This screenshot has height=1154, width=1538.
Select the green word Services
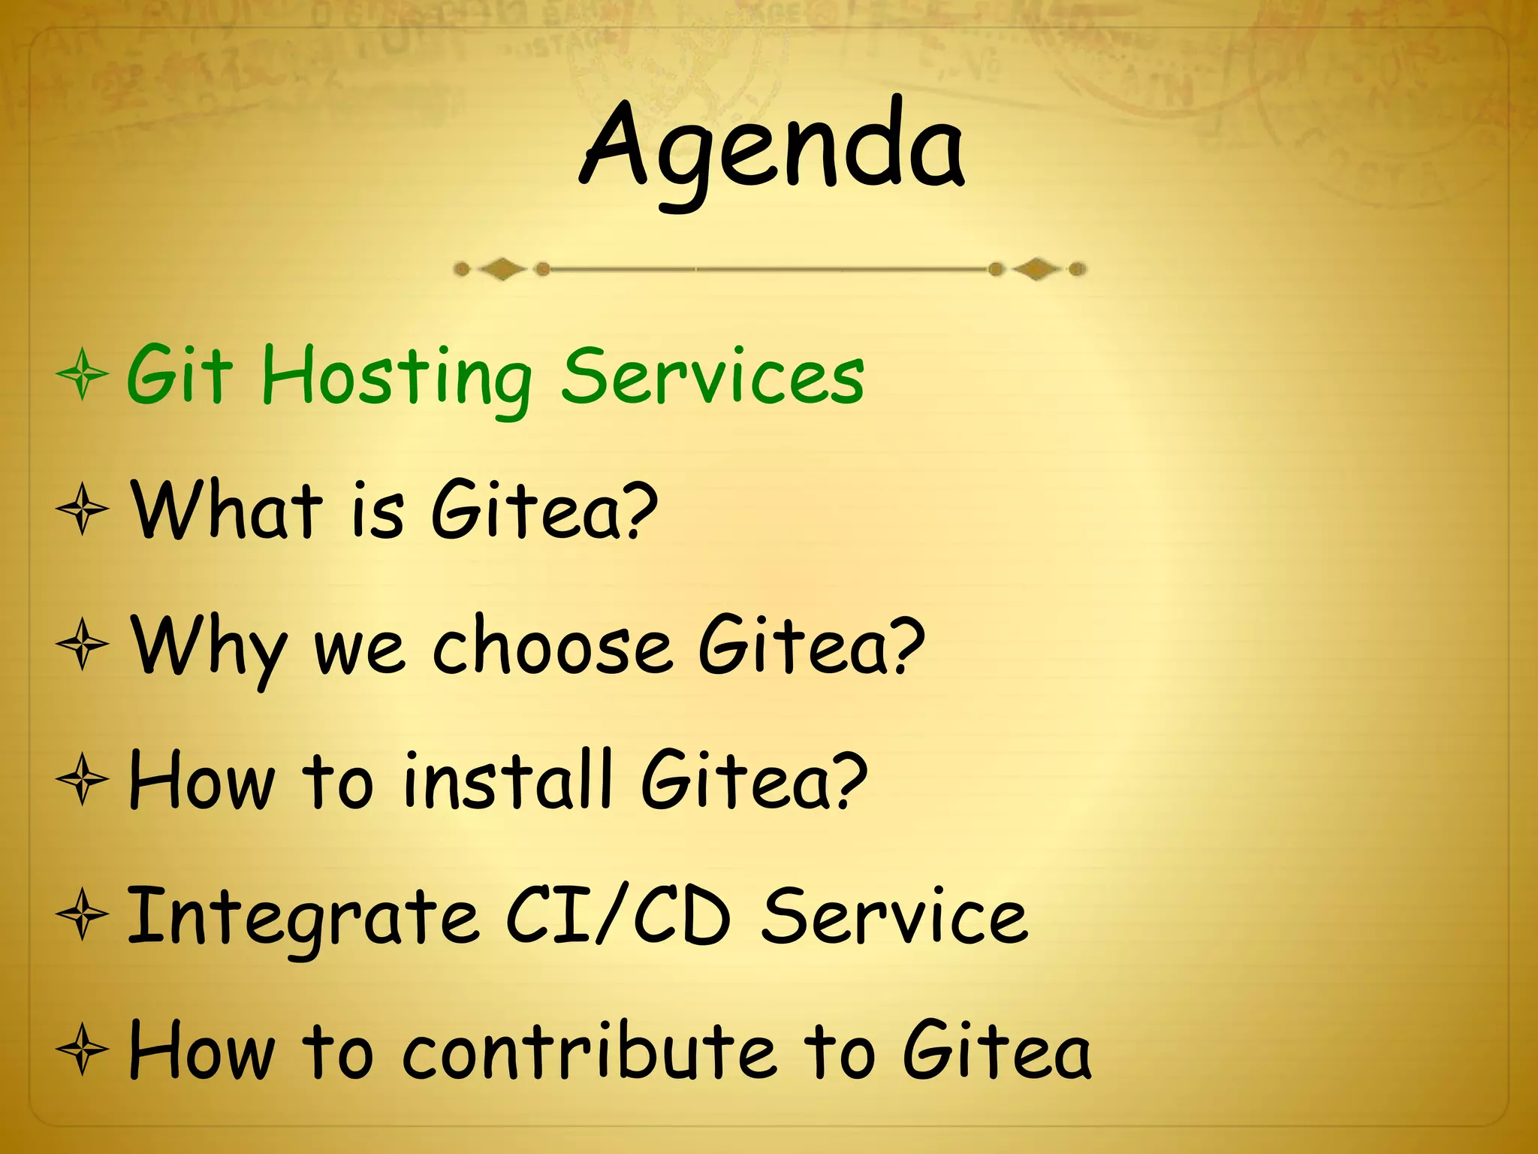pyautogui.click(x=713, y=376)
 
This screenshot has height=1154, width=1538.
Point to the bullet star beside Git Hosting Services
pyautogui.click(x=83, y=375)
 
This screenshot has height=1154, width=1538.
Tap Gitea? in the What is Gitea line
pyautogui.click(x=544, y=510)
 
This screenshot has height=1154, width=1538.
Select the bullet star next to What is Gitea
pyautogui.click(x=83, y=510)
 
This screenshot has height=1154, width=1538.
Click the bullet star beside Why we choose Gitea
pyautogui.click(x=83, y=645)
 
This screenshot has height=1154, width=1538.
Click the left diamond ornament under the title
pyautogui.click(x=502, y=268)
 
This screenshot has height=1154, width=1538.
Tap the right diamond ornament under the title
pyautogui.click(x=1037, y=268)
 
